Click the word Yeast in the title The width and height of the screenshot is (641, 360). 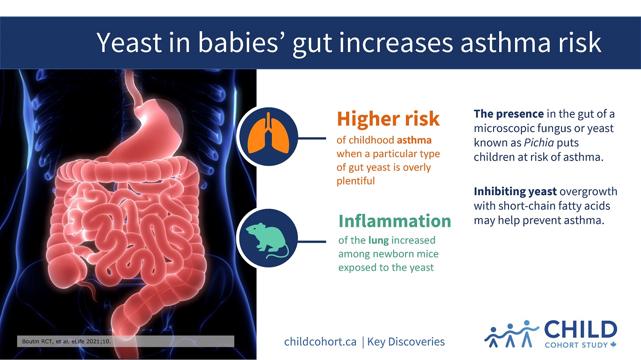(x=129, y=43)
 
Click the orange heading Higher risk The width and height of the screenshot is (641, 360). (x=388, y=119)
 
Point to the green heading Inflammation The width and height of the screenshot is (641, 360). (x=394, y=221)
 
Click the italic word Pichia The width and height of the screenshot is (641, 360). (x=539, y=143)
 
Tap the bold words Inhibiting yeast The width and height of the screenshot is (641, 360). (x=515, y=191)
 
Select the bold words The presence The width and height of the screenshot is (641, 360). (x=509, y=114)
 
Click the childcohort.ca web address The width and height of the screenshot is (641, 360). (x=320, y=342)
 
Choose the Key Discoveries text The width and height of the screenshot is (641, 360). (x=406, y=342)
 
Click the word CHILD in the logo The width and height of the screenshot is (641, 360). (x=580, y=330)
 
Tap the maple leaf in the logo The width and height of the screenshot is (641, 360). (x=614, y=345)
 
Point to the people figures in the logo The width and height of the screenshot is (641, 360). (x=511, y=334)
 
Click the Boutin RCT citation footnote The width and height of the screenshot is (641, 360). (x=66, y=341)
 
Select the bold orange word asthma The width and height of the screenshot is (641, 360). (x=414, y=140)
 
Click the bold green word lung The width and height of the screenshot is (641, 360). (x=378, y=240)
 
